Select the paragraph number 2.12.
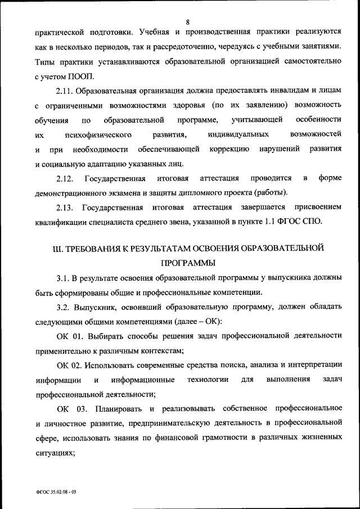[65, 179]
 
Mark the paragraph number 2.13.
[65, 208]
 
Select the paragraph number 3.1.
[62, 277]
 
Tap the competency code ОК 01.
[70, 336]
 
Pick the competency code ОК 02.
[70, 365]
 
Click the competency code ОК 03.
[70, 408]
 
